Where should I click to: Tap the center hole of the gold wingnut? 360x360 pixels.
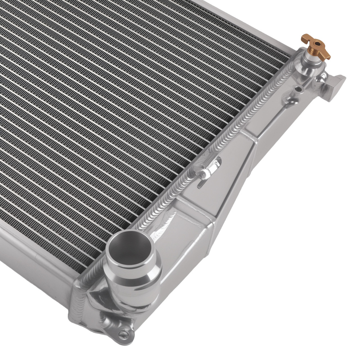tap(317, 44)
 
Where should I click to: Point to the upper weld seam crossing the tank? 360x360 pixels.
tap(252, 137)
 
